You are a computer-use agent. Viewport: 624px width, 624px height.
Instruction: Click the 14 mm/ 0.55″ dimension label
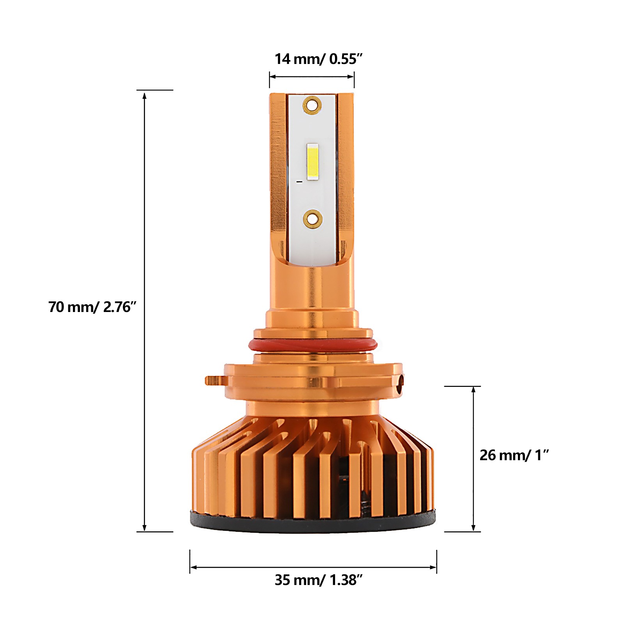319,59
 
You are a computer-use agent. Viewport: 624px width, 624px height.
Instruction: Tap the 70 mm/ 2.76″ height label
92,307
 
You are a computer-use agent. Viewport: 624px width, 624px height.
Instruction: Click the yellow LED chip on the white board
312,162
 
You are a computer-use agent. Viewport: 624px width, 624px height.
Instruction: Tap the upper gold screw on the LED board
312,105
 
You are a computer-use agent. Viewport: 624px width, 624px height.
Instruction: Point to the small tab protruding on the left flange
214,380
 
